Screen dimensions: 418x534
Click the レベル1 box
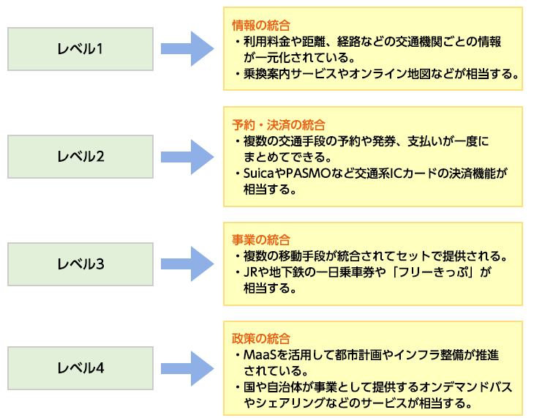point(80,49)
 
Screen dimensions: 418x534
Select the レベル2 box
point(80,156)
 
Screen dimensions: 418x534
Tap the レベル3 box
point(80,264)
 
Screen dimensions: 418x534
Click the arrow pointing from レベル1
point(187,49)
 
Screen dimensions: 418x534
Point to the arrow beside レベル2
point(187,156)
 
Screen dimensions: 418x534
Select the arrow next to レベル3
point(187,264)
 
